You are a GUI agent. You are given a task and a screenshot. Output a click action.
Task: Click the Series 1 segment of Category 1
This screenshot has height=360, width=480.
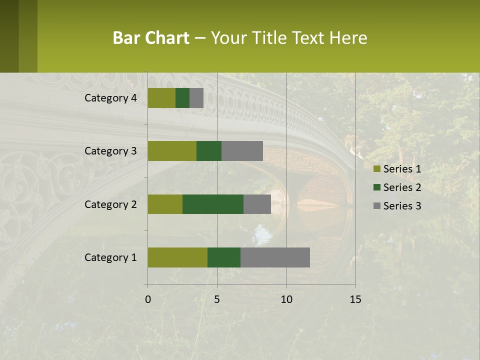(177, 257)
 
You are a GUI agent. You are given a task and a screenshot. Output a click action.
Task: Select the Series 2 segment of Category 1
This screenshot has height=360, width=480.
(224, 257)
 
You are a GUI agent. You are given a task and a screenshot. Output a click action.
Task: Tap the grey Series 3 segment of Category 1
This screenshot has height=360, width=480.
(275, 257)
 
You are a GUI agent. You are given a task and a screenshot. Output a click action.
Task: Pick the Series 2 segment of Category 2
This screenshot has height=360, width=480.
(213, 204)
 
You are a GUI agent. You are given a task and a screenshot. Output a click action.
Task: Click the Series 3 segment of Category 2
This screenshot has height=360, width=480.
(257, 204)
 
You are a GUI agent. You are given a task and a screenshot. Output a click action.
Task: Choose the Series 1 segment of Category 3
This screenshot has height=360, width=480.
(172, 151)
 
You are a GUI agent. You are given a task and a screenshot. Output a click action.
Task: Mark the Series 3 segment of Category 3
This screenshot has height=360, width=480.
(242, 151)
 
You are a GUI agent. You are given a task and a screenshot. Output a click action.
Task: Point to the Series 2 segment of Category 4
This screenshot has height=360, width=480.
(182, 98)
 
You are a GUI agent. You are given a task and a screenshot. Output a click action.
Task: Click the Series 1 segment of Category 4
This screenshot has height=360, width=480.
(161, 98)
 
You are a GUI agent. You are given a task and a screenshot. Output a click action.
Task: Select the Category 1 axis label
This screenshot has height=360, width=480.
(110, 257)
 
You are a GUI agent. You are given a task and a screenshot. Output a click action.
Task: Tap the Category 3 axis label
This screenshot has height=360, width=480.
(110, 151)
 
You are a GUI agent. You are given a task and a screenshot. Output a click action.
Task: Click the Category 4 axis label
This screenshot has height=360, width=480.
(110, 98)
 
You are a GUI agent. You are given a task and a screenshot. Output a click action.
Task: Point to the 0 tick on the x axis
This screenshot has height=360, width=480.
(148, 299)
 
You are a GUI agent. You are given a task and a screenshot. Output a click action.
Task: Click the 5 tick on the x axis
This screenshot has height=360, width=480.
(217, 299)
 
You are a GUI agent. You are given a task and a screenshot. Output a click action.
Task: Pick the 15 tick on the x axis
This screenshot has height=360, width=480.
(355, 299)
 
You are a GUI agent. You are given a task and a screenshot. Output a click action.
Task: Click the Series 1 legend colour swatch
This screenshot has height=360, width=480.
(377, 169)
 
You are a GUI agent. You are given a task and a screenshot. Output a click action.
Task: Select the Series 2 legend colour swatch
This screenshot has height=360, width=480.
(377, 187)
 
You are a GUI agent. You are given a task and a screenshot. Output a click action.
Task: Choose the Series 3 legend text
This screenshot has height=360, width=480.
(402, 206)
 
